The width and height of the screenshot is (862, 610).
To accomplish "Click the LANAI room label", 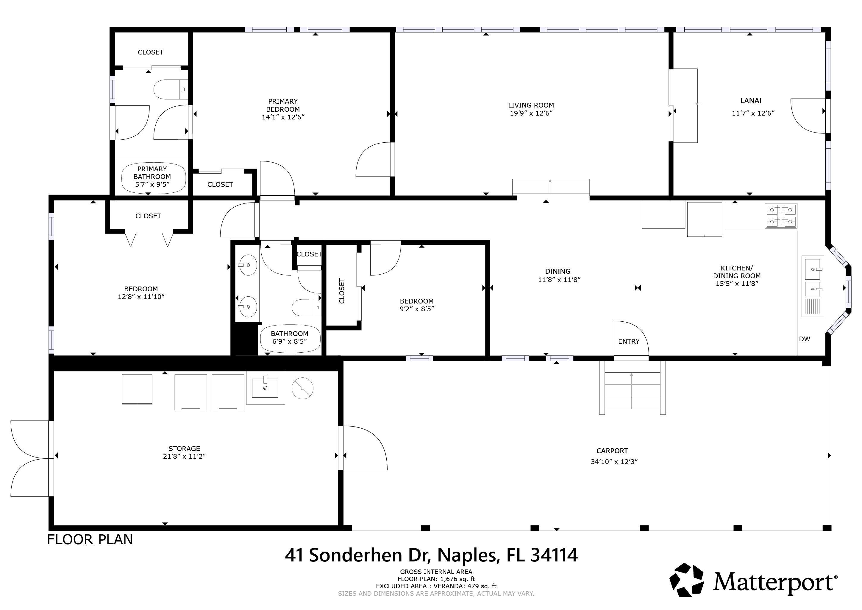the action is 751,101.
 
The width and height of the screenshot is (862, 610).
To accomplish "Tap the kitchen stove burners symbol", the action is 781,216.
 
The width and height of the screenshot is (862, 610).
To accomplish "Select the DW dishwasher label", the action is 805,339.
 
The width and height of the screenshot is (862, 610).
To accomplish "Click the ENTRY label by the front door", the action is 629,341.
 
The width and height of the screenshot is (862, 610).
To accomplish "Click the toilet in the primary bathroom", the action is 171,89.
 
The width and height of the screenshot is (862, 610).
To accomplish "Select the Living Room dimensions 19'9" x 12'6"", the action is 531,113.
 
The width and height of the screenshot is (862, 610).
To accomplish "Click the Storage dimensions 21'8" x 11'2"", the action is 184,456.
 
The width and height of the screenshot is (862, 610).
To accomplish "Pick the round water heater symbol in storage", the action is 303,388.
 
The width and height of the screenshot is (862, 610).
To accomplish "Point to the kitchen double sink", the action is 813,286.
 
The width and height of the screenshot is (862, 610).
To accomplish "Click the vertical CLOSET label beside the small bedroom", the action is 342,291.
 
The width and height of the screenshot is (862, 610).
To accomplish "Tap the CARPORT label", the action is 612,451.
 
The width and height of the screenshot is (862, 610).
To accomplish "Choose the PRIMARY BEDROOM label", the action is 283,105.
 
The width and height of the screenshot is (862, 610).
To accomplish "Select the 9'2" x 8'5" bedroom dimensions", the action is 417,309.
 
